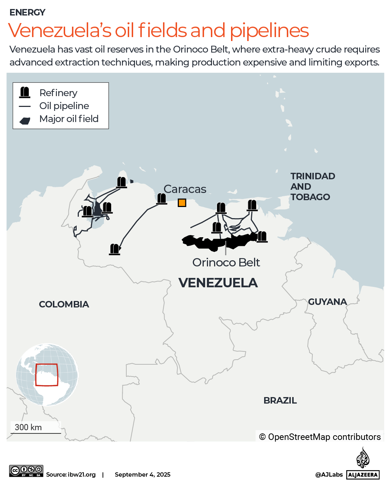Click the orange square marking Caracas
pos(182,203)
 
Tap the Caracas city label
pos(185,189)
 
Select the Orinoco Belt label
pos(226,262)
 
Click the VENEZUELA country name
pos(218,283)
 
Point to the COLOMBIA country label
pos(64,304)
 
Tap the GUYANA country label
pos(327,302)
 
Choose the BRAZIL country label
pos(280,400)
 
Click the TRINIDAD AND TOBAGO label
pos(312,186)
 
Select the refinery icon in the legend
pos(25,93)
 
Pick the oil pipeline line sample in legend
pos(25,106)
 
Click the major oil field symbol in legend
pos(25,121)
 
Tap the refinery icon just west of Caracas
pos(162,198)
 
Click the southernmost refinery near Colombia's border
pos(114,249)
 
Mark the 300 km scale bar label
pos(28,427)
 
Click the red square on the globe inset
pos(47,375)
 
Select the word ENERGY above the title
pos(27,13)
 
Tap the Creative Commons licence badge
pos(26,471)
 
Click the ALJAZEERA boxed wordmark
pos(363,475)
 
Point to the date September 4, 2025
pos(143,474)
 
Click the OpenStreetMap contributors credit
pos(320,437)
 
